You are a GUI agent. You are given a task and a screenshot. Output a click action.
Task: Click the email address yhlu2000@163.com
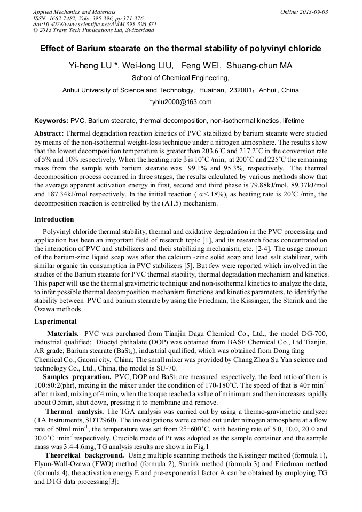click(180, 102)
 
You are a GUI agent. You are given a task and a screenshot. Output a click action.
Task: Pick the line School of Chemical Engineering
click(180, 78)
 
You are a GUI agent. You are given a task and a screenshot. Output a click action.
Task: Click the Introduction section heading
click(54, 219)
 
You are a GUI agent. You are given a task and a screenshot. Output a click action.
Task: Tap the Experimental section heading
click(56, 321)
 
